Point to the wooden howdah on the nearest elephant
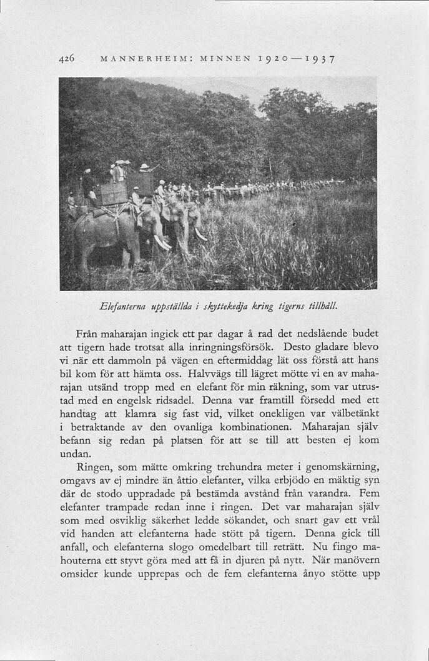(x=114, y=192)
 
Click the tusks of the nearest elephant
(x=162, y=242)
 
